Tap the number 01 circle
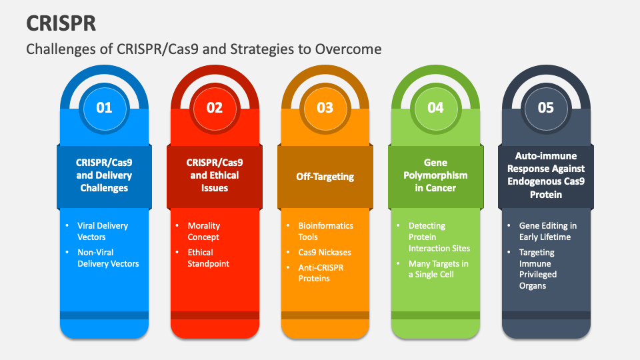pos(104,107)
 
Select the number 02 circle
pos(215,107)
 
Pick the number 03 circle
pos(325,107)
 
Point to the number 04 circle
pos(435,107)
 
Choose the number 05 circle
pos(545,107)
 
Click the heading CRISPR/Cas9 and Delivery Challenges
pos(104,175)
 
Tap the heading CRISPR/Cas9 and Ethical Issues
pos(215,175)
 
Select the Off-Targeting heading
pos(325,177)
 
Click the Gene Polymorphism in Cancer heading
pos(435,175)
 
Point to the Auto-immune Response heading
pos(545,175)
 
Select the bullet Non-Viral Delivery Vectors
pos(108,258)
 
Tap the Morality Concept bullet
pos(203,231)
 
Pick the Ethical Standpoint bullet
pos(208,258)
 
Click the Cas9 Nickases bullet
pos(324,252)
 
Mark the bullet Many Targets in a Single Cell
pos(438,269)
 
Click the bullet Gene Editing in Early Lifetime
pos(547,231)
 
